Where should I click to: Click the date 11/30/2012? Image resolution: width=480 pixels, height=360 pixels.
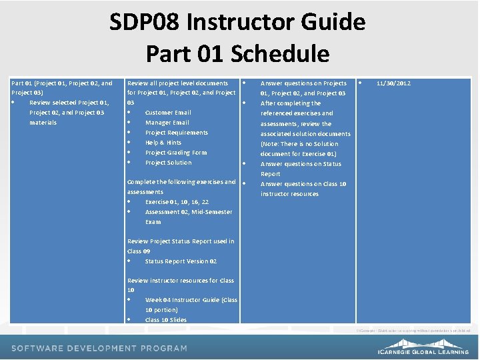[x=393, y=83]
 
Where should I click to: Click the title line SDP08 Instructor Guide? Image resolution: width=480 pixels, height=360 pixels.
[x=238, y=22]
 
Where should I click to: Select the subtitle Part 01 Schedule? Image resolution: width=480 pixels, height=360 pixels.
[x=238, y=53]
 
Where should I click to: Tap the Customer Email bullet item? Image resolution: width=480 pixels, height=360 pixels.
[x=168, y=113]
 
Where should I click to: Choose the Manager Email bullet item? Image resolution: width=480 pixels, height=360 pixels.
[x=167, y=123]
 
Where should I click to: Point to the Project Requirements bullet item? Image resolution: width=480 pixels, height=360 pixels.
[x=177, y=133]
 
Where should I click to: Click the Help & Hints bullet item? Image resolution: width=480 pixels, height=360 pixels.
[x=163, y=143]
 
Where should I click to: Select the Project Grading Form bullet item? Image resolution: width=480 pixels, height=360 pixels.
[x=176, y=153]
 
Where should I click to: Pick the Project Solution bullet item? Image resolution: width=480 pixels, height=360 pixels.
[x=168, y=163]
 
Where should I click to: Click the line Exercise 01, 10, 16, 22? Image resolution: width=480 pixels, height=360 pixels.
[x=177, y=202]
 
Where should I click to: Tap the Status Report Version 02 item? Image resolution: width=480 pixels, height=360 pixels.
[x=181, y=261]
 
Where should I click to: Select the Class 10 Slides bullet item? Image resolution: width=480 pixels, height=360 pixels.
[x=166, y=320]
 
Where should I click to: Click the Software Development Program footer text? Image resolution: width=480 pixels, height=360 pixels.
[x=99, y=348]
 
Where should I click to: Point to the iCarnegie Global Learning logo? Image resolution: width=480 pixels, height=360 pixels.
[x=424, y=349]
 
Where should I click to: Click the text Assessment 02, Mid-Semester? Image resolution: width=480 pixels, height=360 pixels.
[x=189, y=212]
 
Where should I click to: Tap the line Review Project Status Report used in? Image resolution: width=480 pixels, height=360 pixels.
[x=181, y=241]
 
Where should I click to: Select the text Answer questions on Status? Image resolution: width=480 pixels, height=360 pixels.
[x=301, y=164]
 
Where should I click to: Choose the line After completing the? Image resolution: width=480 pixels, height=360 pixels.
[x=291, y=103]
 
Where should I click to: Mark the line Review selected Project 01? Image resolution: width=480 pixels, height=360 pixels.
[x=69, y=103]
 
